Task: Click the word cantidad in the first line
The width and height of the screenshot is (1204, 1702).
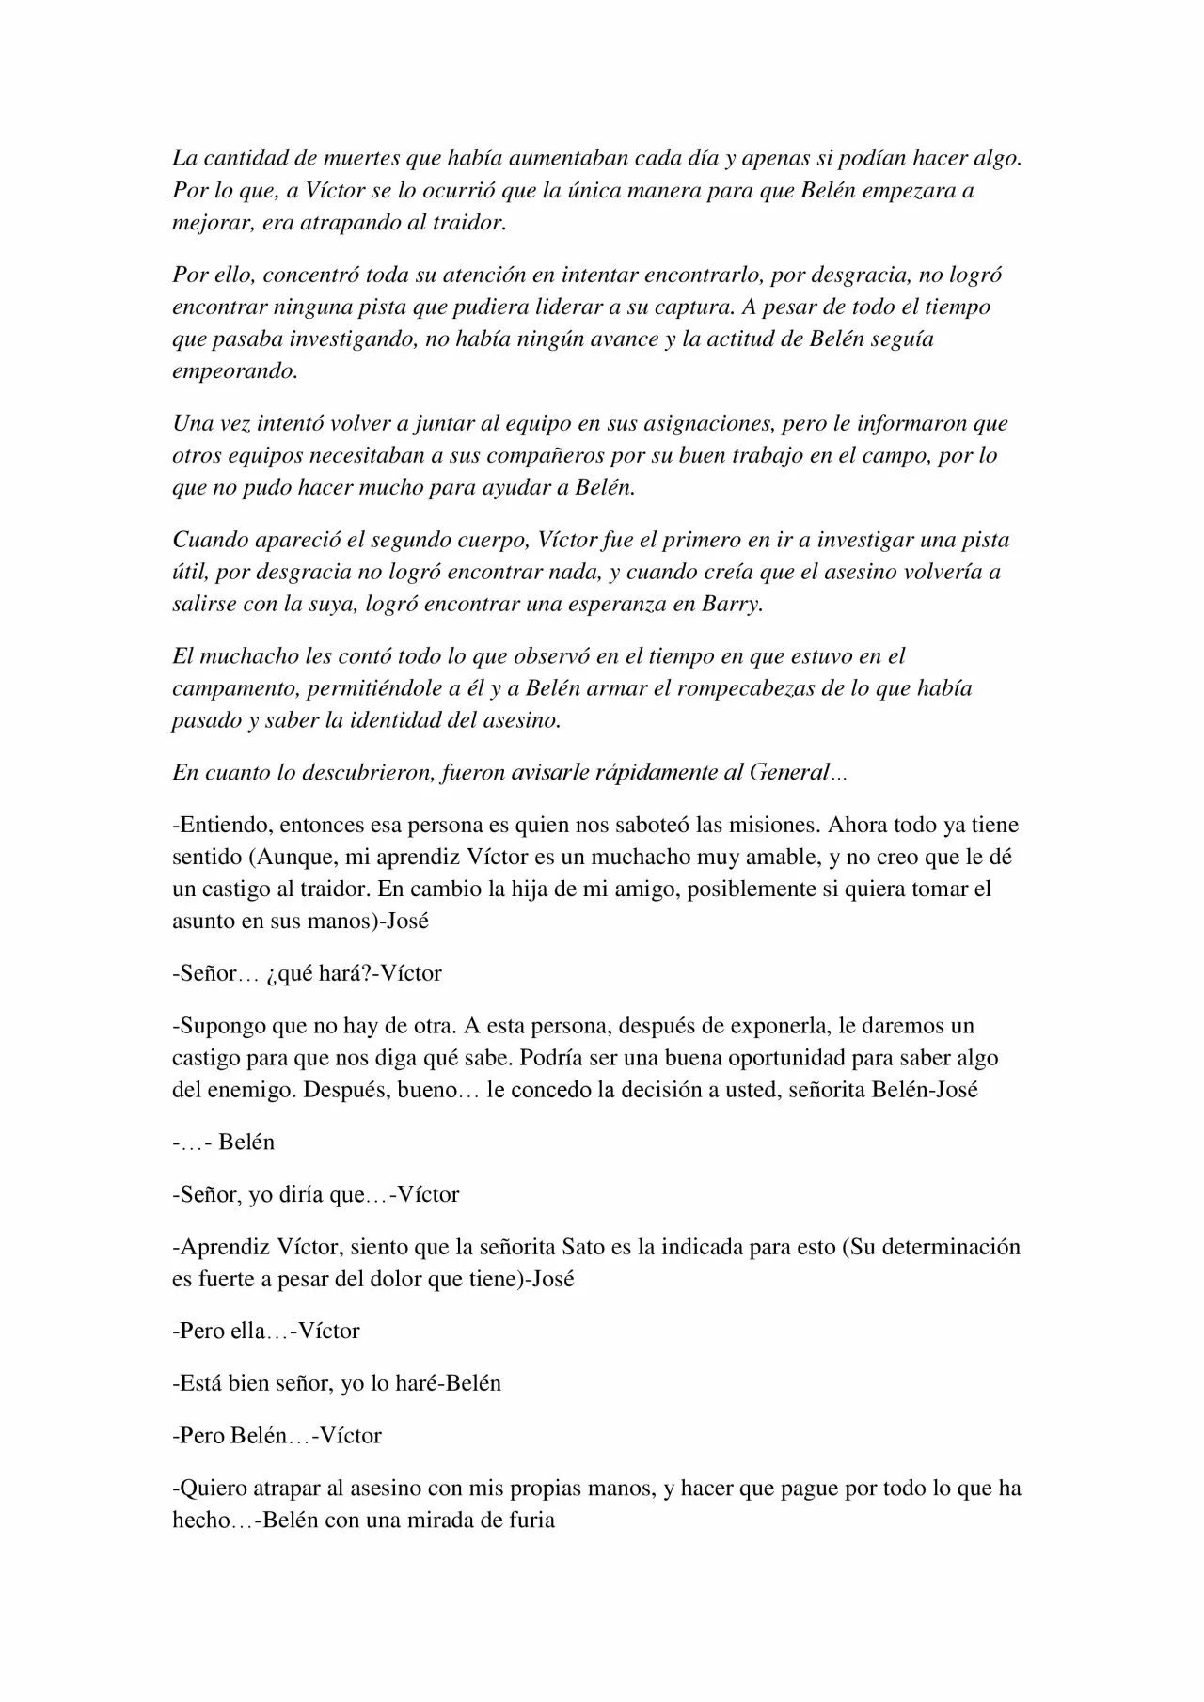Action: (238, 159)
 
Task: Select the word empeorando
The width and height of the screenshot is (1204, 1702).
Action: (235, 371)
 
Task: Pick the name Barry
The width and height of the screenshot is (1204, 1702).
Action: (732, 604)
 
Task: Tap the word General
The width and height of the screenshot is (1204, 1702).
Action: (788, 773)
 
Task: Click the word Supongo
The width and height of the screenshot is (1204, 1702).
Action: (221, 1026)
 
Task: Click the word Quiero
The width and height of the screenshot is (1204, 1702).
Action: (211, 1489)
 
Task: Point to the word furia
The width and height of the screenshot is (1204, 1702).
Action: (528, 1521)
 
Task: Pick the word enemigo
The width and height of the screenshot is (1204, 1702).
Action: (237, 1091)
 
